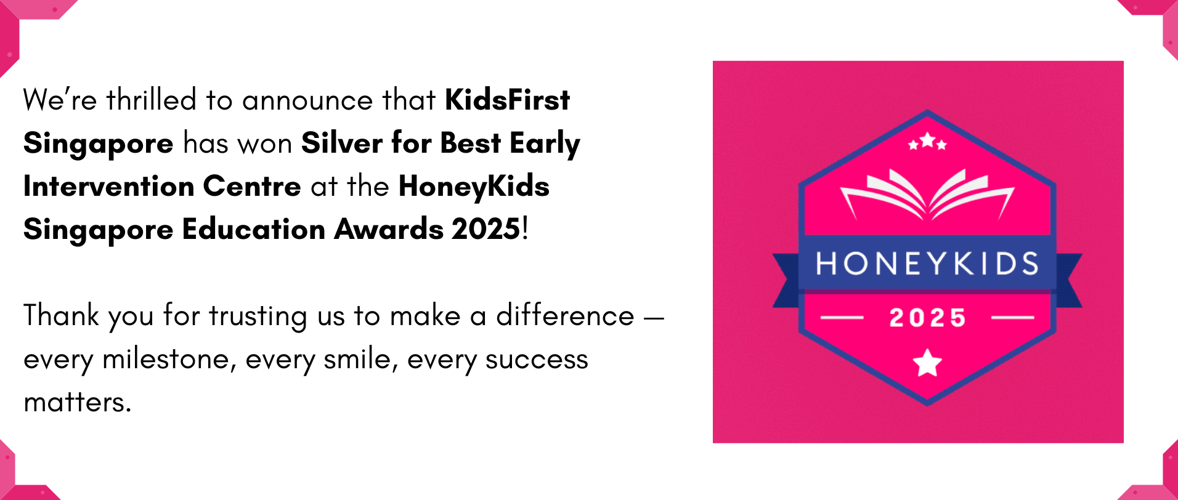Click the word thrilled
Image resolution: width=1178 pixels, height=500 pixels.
tap(152, 100)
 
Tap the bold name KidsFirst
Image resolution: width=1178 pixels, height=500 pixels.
tap(508, 100)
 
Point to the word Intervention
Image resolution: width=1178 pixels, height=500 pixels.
tap(108, 186)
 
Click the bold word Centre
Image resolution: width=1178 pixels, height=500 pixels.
tap(252, 186)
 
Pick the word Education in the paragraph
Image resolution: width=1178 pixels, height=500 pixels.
tap(254, 229)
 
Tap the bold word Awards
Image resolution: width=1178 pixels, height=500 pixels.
tap(389, 229)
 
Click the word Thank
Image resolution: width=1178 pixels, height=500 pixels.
tap(61, 315)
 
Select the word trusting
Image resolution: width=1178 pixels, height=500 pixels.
tap(258, 317)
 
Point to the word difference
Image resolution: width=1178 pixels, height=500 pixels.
tap(565, 315)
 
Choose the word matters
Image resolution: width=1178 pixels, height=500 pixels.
tap(78, 402)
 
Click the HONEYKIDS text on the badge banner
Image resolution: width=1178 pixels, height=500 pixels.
tap(927, 264)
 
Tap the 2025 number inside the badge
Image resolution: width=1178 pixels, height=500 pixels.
tap(927, 318)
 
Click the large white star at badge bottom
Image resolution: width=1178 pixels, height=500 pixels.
tap(927, 362)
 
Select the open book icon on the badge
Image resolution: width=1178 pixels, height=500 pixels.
tap(927, 194)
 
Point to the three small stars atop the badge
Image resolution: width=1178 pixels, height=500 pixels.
tap(927, 142)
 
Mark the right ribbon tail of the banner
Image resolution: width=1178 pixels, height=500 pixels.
tap(1069, 280)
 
